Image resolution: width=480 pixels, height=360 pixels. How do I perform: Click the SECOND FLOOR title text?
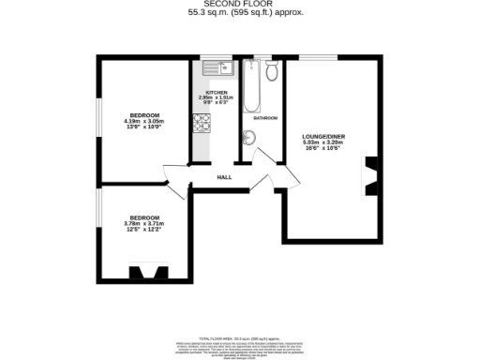tap(240, 4)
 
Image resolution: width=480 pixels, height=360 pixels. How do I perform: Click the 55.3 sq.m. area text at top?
tap(240, 12)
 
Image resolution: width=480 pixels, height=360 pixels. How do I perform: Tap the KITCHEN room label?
tap(217, 93)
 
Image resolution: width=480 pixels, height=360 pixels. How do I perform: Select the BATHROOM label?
tap(264, 118)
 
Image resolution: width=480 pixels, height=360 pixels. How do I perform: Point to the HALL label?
tap(225, 176)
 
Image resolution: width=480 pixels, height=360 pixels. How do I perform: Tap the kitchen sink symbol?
tap(215, 67)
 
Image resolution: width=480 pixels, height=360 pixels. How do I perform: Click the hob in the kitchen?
tap(202, 122)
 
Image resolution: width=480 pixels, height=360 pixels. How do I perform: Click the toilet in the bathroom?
tap(272, 70)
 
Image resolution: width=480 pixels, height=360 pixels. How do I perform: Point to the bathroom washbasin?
tap(248, 138)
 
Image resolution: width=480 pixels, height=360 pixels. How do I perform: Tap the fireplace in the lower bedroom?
tap(146, 274)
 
